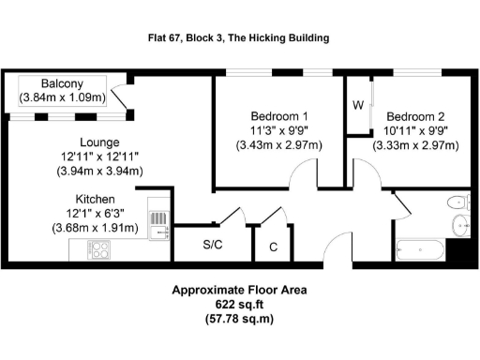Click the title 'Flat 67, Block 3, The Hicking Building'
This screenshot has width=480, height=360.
239,38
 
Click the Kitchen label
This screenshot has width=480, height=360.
96,200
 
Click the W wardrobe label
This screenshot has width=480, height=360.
358,104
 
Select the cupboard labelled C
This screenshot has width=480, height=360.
272,247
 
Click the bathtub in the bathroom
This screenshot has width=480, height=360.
419,249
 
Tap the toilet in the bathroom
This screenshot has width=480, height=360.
457,201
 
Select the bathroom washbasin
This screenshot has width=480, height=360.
459,224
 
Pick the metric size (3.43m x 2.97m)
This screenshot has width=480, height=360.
277,145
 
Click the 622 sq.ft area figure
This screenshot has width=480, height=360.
239,305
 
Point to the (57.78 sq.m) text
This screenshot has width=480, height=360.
239,320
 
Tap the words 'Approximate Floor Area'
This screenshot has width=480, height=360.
239,290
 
